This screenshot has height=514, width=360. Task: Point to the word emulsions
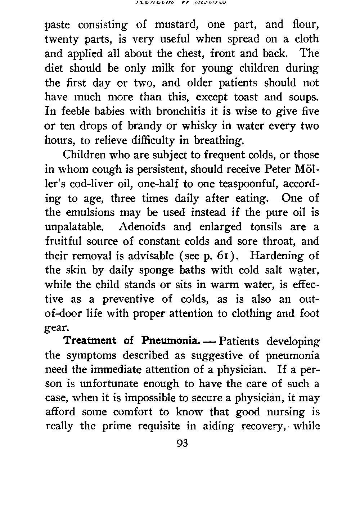click(x=91, y=212)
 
